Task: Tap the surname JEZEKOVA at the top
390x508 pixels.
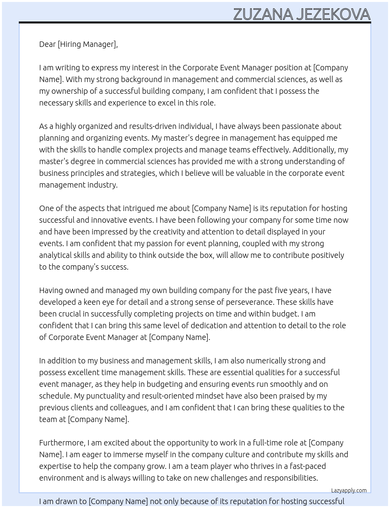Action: pyautogui.click(x=333, y=14)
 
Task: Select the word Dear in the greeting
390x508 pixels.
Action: pyautogui.click(x=47, y=44)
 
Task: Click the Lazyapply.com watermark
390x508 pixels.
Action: pyautogui.click(x=349, y=490)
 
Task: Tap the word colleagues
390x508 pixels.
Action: pyautogui.click(x=128, y=408)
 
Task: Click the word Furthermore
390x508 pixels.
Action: pyautogui.click(x=62, y=443)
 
